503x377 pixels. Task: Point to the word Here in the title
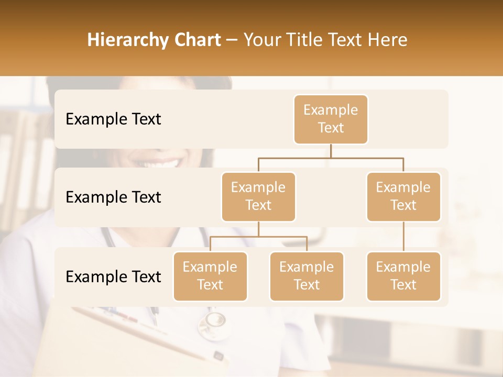[x=387, y=40]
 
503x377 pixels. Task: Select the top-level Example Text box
[x=331, y=119]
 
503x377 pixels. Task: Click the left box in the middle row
[x=258, y=197]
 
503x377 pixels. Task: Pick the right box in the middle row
[x=403, y=197]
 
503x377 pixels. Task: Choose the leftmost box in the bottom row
[x=210, y=276]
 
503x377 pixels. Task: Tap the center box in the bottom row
[x=307, y=276]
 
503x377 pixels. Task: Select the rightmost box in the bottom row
[x=403, y=276]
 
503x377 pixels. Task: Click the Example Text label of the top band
[x=113, y=119]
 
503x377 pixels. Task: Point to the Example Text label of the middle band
[x=113, y=197]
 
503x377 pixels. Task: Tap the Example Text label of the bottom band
[x=113, y=277]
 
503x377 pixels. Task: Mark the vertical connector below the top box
[x=331, y=151]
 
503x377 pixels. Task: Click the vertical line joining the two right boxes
[x=403, y=237]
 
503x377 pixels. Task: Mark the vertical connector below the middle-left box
[x=258, y=229]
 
